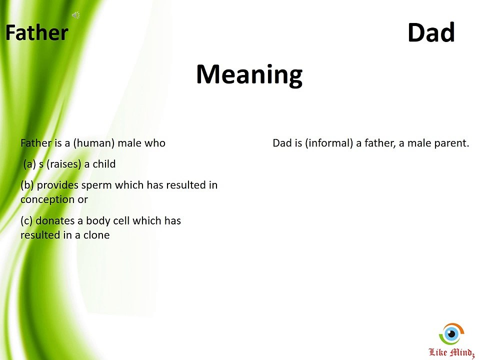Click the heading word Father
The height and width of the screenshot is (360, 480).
pos(36,33)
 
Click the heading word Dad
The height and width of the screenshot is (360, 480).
pos(431,33)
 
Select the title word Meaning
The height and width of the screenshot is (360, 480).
pos(249,74)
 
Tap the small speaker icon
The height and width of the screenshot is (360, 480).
pos(76,15)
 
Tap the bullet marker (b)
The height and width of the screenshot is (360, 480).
pos(27,185)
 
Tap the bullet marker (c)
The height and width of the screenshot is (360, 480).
pos(27,220)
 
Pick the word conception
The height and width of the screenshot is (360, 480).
pos(47,199)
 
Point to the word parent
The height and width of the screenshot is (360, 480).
pos(452,143)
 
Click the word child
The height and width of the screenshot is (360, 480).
pos(104,164)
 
